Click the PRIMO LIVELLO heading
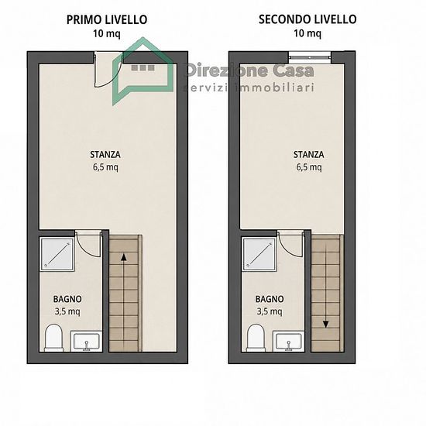107,20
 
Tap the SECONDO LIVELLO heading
307,19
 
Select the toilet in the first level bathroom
53,338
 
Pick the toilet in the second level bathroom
256,338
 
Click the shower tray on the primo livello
57,254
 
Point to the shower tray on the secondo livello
259,254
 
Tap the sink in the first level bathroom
87,341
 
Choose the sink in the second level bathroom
289,341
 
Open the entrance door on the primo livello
108,70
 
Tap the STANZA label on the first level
105,155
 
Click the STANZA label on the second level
308,155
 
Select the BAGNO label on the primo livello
67,299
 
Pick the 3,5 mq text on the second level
270,311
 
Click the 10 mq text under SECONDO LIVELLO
307,33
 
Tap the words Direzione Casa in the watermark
249,70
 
